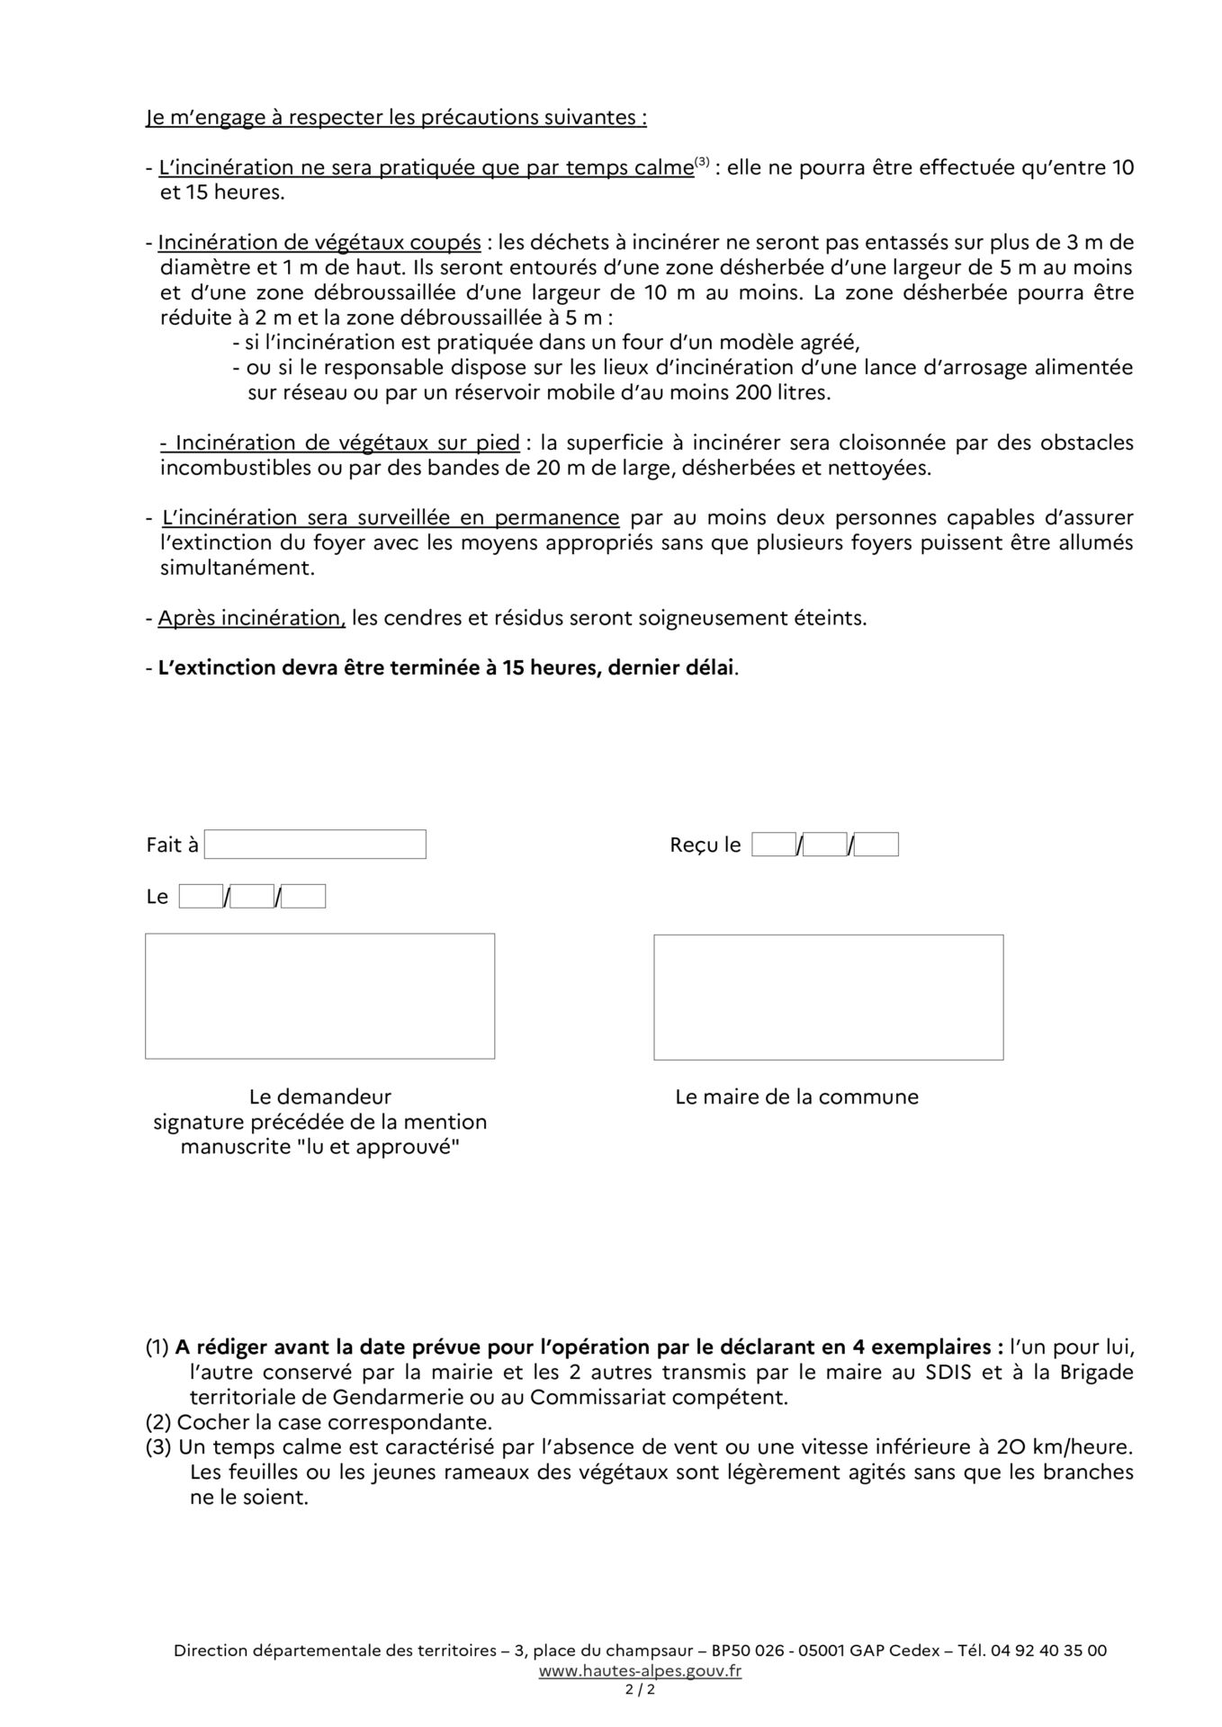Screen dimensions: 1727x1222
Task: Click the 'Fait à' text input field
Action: coord(315,845)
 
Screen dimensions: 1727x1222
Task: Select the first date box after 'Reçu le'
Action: coord(774,845)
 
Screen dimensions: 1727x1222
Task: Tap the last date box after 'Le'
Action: coord(303,897)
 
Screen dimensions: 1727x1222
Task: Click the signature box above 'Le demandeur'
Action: coord(319,996)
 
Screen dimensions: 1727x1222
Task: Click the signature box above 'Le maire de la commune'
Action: coord(828,997)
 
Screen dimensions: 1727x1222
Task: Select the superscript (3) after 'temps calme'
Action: coord(702,163)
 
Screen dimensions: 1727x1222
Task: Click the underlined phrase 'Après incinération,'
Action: coord(251,619)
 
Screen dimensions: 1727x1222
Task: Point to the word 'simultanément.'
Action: coord(238,568)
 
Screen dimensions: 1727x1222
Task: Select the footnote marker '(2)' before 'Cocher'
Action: coord(159,1423)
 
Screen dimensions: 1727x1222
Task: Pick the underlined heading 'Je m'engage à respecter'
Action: coord(396,118)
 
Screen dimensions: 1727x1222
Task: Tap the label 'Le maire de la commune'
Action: coord(796,1097)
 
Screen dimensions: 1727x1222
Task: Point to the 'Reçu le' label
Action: coord(705,846)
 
